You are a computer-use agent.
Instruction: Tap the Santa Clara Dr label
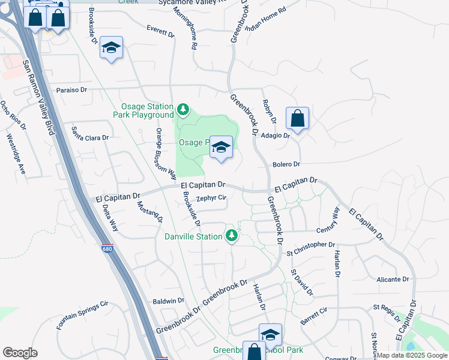click(x=90, y=134)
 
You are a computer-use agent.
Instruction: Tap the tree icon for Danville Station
click(x=231, y=235)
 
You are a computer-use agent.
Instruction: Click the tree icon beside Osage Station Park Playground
click(x=182, y=110)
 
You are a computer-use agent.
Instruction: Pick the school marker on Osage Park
click(x=221, y=148)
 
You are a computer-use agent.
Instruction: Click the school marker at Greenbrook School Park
click(x=270, y=335)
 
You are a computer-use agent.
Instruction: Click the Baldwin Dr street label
click(x=168, y=301)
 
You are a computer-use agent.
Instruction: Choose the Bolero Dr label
click(x=286, y=164)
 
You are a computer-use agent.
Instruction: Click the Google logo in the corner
click(x=20, y=353)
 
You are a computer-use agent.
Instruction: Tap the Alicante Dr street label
click(x=393, y=280)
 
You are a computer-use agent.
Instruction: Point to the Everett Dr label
click(x=160, y=31)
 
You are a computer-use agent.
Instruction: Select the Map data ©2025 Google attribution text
click(x=412, y=355)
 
